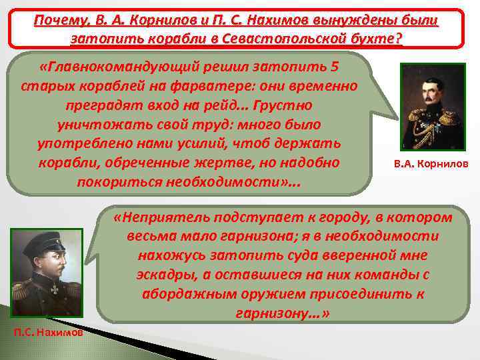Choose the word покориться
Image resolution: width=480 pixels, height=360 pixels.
[x=113, y=181]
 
